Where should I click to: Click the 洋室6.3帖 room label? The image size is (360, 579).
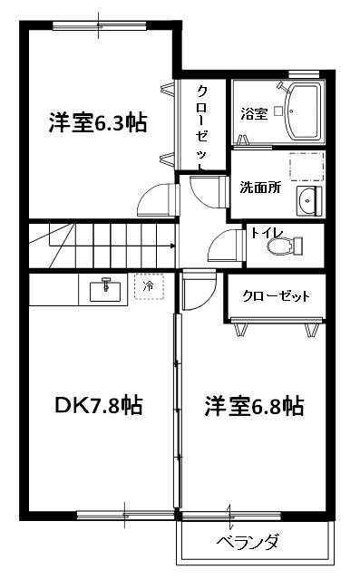pyautogui.click(x=98, y=123)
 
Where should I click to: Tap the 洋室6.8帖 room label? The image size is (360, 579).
pyautogui.click(x=253, y=406)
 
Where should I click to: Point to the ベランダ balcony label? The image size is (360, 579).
pyautogui.click(x=247, y=543)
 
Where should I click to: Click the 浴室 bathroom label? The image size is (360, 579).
pyautogui.click(x=253, y=114)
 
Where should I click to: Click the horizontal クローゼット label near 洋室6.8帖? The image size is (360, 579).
pyautogui.click(x=276, y=296)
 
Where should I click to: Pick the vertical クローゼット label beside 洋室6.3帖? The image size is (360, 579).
pyautogui.click(x=201, y=127)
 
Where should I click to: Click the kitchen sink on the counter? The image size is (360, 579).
pyautogui.click(x=108, y=289)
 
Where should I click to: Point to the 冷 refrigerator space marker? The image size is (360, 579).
pyautogui.click(x=149, y=286)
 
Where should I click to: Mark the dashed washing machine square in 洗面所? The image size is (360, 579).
pyautogui.click(x=306, y=169)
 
